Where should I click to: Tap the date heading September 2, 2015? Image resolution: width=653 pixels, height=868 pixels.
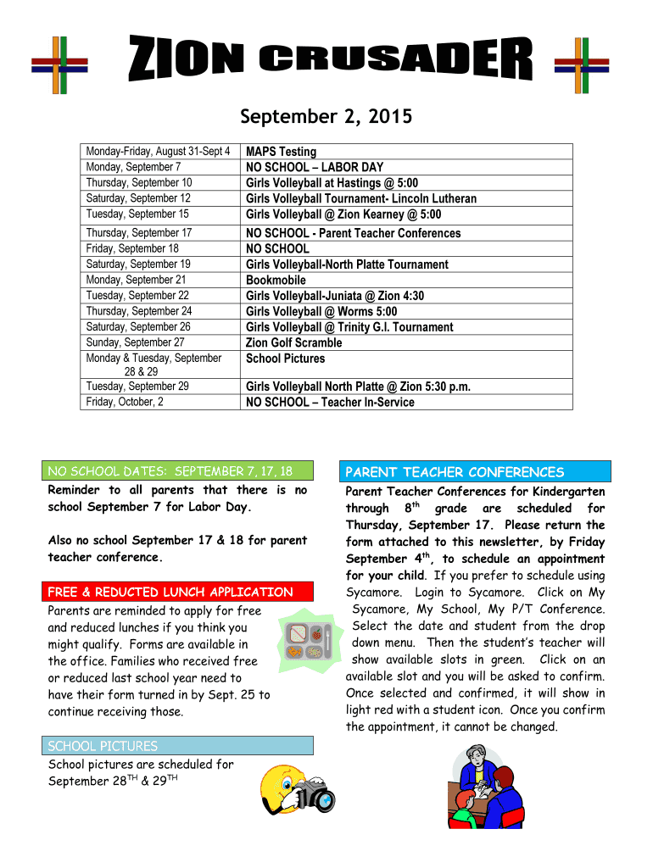click(x=326, y=116)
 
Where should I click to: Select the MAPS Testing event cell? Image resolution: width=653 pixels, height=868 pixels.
click(x=281, y=152)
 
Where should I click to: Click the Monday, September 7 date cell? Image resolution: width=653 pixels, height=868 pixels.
click(x=133, y=167)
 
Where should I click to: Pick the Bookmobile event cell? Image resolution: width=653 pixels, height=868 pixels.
click(x=276, y=280)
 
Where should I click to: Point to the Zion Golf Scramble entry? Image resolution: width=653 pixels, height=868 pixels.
click(x=293, y=342)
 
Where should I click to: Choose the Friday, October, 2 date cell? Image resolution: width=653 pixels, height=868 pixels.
click(x=125, y=402)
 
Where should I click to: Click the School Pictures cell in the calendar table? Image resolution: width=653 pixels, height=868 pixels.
click(x=285, y=359)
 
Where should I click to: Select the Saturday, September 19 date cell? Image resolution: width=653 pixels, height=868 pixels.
click(x=138, y=264)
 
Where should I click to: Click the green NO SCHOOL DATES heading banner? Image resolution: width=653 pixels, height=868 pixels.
click(x=178, y=471)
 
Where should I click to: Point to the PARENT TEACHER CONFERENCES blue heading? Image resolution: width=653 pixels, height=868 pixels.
click(x=475, y=472)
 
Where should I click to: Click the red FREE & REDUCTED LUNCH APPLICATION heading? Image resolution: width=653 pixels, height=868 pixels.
click(x=178, y=592)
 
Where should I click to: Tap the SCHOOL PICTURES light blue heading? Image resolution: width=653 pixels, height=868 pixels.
click(x=178, y=746)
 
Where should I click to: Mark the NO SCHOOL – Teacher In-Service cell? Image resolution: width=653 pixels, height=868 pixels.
click(x=330, y=402)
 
